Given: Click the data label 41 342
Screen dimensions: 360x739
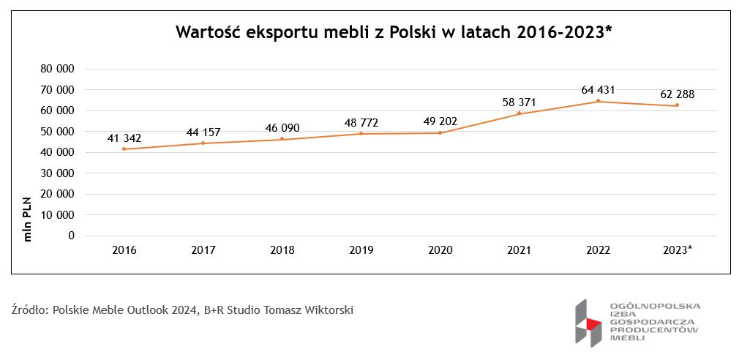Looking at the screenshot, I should click(x=124, y=138).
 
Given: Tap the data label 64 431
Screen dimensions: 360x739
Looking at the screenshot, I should click(x=598, y=90).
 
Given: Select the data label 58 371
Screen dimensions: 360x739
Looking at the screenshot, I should click(x=519, y=102).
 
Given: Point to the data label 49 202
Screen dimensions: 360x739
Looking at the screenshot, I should click(x=440, y=122).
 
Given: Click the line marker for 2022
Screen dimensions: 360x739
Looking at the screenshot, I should click(x=598, y=101).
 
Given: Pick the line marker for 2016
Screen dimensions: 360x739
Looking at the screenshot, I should click(x=124, y=149).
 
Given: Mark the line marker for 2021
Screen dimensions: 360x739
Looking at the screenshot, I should click(x=519, y=113).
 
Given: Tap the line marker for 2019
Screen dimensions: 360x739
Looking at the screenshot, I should click(x=361, y=134).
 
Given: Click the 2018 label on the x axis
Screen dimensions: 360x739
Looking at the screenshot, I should click(x=282, y=250).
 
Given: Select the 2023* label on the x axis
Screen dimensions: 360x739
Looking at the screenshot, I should click(x=677, y=250).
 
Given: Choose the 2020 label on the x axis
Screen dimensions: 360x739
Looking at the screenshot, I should click(x=440, y=250).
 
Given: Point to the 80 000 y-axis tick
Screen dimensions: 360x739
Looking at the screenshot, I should click(x=59, y=69).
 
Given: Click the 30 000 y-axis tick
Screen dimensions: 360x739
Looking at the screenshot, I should click(x=59, y=173).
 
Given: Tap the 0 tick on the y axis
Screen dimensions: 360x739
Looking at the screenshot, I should click(x=71, y=236).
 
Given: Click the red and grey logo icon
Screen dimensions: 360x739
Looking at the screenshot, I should click(x=587, y=323).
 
